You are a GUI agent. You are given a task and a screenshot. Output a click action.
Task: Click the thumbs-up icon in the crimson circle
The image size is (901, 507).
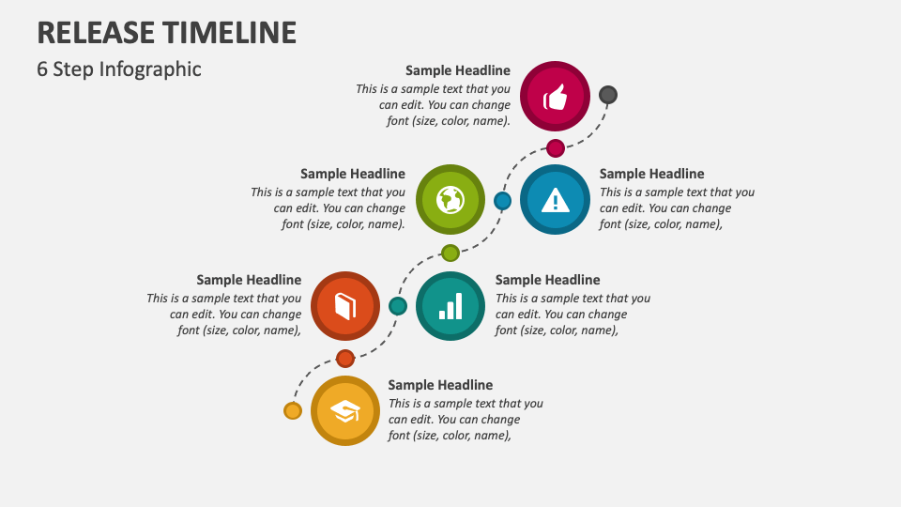555,97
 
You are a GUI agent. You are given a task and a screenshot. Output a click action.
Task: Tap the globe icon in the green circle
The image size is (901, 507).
450,199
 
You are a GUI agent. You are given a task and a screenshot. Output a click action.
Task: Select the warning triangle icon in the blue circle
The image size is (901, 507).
555,199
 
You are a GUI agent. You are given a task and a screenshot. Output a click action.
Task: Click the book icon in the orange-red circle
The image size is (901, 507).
345,306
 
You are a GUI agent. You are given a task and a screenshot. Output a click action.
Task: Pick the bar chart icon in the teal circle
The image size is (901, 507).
450,306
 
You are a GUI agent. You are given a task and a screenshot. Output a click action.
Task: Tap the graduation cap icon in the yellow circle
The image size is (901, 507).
345,411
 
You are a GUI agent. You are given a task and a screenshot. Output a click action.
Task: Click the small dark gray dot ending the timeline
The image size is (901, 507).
608,95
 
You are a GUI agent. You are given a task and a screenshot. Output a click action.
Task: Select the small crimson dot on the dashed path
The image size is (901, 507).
556,147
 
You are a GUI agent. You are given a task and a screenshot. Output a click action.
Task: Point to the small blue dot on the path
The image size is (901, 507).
502,200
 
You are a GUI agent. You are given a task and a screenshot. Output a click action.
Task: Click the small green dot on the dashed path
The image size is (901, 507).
450,253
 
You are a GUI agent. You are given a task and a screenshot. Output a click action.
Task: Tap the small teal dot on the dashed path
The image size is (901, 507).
398,306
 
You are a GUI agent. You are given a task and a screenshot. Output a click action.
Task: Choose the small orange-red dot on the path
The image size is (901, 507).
345,358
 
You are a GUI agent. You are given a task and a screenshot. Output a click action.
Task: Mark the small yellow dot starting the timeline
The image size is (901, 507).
293,410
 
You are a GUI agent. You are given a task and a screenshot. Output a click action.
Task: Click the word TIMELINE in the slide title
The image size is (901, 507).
230,33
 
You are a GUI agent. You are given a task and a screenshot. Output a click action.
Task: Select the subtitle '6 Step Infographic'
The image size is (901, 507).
119,69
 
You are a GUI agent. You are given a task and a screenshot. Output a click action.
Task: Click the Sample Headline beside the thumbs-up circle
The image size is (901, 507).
458,70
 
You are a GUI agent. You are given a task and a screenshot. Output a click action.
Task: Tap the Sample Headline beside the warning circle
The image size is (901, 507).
651,174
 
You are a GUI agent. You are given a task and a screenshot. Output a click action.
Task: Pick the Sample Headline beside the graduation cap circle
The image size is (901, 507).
440,385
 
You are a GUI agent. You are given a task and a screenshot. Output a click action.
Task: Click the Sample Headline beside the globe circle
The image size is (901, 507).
353,174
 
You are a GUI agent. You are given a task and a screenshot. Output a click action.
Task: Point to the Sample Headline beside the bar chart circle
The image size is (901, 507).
547,280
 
